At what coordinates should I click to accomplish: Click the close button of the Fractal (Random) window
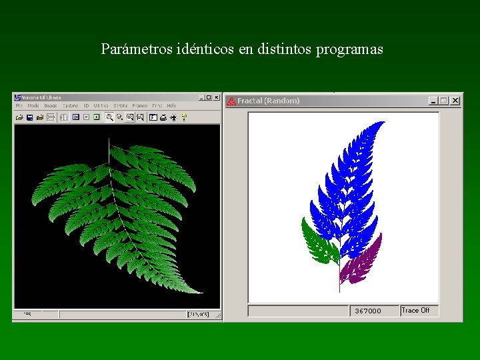(x=455, y=101)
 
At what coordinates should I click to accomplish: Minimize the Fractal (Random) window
(x=433, y=101)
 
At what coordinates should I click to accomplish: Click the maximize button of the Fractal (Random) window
(x=444, y=101)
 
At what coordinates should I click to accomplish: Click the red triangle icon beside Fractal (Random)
(x=231, y=101)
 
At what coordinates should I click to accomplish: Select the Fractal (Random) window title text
(x=268, y=101)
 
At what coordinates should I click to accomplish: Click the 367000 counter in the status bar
(x=368, y=311)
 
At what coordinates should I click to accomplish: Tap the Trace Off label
(x=415, y=310)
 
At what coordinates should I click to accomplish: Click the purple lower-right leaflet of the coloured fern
(x=361, y=260)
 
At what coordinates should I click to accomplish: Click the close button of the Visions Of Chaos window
(x=216, y=97)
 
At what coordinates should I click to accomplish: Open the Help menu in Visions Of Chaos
(x=172, y=106)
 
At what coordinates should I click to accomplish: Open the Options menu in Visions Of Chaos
(x=70, y=106)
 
